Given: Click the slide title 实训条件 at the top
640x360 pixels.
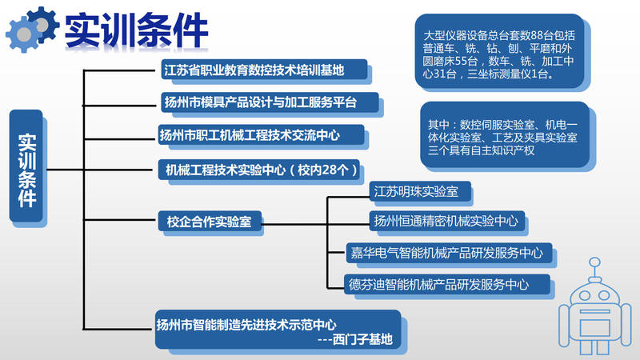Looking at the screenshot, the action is (136, 30).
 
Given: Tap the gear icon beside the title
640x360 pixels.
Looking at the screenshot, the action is (32, 30).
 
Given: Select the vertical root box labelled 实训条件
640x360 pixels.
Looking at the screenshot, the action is (26, 166).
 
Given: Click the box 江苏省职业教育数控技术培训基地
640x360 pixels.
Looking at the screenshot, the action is (264, 70).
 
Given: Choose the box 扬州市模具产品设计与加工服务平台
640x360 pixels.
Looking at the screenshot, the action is (270, 102).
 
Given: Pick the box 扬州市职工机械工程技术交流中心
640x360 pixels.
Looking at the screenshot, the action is (262, 134).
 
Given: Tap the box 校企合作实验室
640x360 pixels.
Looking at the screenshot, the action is (210, 222).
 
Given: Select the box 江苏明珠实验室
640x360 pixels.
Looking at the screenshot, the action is (420, 191).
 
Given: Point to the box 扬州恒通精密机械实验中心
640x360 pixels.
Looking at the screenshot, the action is (447, 221).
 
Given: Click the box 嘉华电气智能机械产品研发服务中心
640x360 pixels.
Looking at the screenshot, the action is (449, 253).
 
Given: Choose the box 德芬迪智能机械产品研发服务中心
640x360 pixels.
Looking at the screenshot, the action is (446, 285).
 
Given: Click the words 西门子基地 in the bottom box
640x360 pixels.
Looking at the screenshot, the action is (362, 339).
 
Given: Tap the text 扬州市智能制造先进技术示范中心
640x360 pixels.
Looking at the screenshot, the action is (246, 325).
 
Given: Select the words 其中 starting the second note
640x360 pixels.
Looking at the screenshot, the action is (438, 125).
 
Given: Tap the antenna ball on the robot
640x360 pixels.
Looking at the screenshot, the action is (595, 262).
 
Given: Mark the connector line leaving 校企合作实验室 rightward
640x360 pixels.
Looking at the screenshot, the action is (294, 224).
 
